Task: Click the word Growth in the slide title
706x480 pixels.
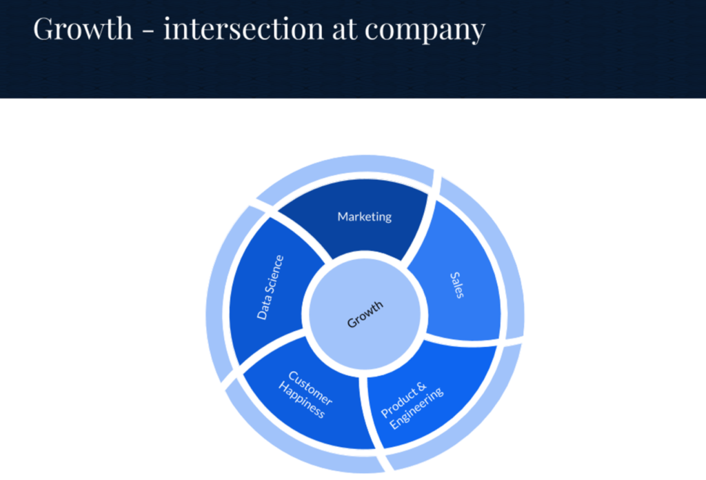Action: tap(83, 28)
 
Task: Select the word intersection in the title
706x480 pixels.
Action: tap(243, 28)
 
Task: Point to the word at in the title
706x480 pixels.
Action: tap(345, 30)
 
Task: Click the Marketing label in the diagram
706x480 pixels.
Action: tap(364, 217)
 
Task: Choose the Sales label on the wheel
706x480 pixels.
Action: tap(456, 285)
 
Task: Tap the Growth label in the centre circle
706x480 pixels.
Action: tap(365, 314)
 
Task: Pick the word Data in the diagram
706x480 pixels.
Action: tap(263, 308)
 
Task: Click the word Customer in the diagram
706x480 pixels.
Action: tap(311, 388)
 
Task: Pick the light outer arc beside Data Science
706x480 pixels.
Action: tap(217, 288)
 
